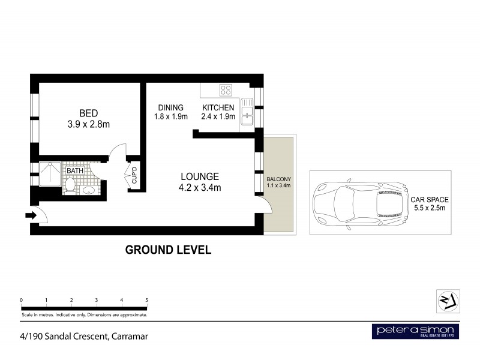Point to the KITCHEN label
(218, 108)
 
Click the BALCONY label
(278, 179)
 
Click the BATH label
(75, 171)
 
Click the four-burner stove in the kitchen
(226, 90)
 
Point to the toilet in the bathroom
(70, 188)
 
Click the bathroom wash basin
(89, 191)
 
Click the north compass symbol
(448, 301)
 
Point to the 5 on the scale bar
(146, 299)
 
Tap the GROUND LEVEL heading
(167, 250)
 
